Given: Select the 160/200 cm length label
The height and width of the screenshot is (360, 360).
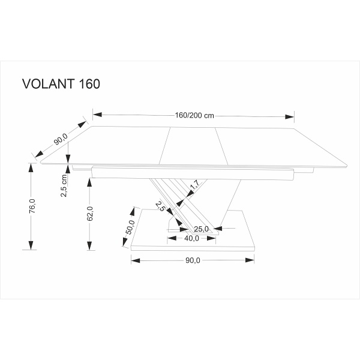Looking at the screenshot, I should (194, 116).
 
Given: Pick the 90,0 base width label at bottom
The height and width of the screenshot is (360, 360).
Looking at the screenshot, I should (192, 260).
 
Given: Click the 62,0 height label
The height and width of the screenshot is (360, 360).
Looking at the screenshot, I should (90, 215).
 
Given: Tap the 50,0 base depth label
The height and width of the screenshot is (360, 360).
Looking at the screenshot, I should (128, 227).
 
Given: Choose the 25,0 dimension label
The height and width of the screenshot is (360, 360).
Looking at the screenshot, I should (201, 228).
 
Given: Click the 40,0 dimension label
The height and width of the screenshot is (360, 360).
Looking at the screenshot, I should (191, 238).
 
